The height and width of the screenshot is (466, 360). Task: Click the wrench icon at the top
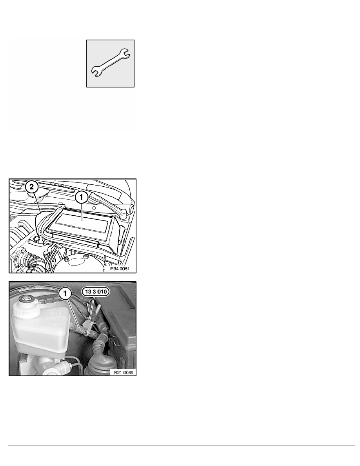[x=111, y=63]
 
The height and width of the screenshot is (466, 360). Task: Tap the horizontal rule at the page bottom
[x=180, y=445]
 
